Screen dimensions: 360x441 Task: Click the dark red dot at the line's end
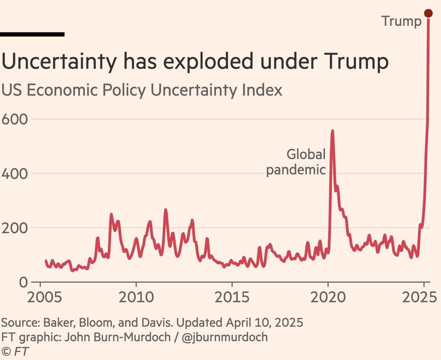pyautogui.click(x=428, y=13)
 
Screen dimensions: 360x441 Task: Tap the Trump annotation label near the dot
pyautogui.click(x=401, y=21)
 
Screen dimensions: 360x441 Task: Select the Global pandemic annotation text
pyautogui.click(x=296, y=162)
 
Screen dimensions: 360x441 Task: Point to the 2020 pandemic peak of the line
pyautogui.click(x=332, y=131)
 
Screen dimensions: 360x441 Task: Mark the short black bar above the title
pyautogui.click(x=32, y=34)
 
